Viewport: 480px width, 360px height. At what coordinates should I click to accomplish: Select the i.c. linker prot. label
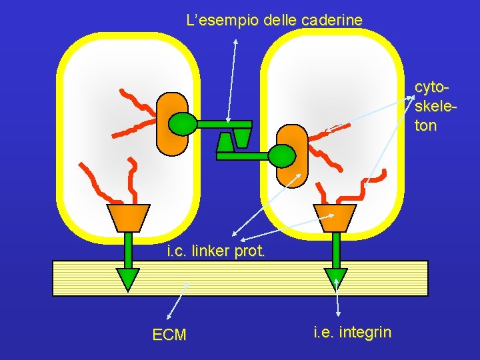[x=216, y=251]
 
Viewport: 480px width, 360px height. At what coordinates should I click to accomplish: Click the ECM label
[x=169, y=335]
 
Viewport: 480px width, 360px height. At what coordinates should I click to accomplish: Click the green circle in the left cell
[x=182, y=123]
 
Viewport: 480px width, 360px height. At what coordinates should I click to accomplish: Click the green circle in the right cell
[x=281, y=155]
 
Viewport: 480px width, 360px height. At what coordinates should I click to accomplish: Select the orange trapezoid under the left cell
[x=128, y=217]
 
